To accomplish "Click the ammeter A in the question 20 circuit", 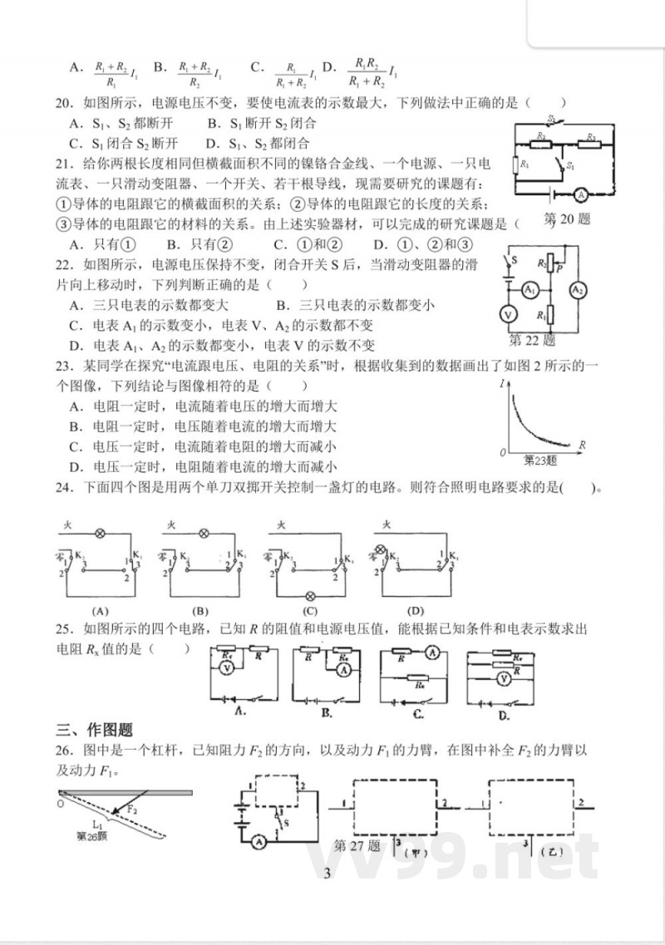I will coord(582,194).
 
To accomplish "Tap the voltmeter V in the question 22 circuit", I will coord(505,313).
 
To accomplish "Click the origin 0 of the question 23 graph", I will coord(503,452).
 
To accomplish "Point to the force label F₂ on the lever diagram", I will coord(132,807).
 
